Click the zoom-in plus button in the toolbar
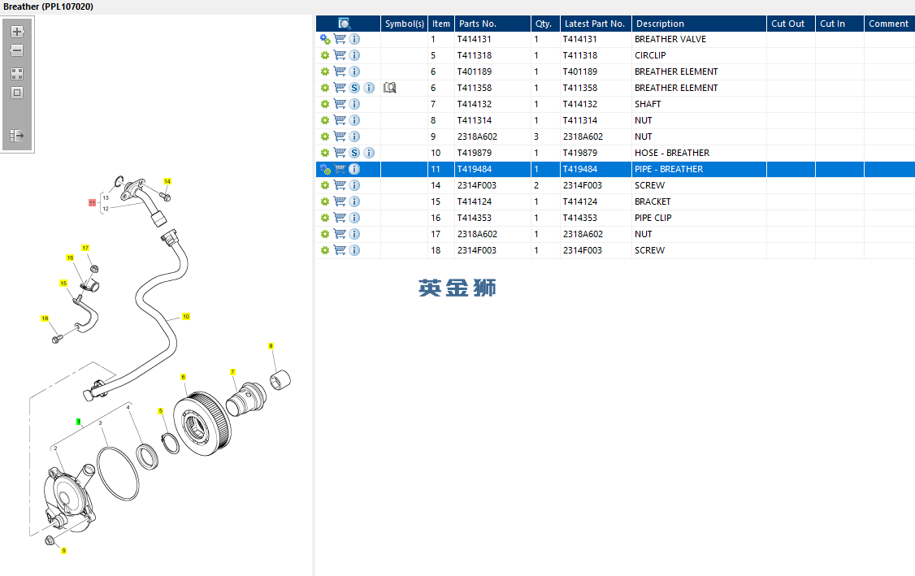pos(17,32)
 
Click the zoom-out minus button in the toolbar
pos(17,50)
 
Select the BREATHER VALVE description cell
pos(670,39)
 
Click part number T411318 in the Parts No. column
pos(475,55)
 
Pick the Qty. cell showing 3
pos(536,136)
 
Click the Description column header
pos(660,24)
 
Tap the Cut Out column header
pos(787,24)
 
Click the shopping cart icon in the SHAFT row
pos(340,104)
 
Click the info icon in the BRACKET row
pos(354,201)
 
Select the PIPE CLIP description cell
pos(653,218)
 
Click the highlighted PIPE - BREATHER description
pos(669,169)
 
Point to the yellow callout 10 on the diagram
pos(186,316)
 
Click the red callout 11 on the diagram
pos(92,202)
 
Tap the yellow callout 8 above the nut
pos(271,346)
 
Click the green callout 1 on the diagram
pos(78,422)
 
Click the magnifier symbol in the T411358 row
pos(390,88)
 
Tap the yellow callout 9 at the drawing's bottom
pos(63,550)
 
